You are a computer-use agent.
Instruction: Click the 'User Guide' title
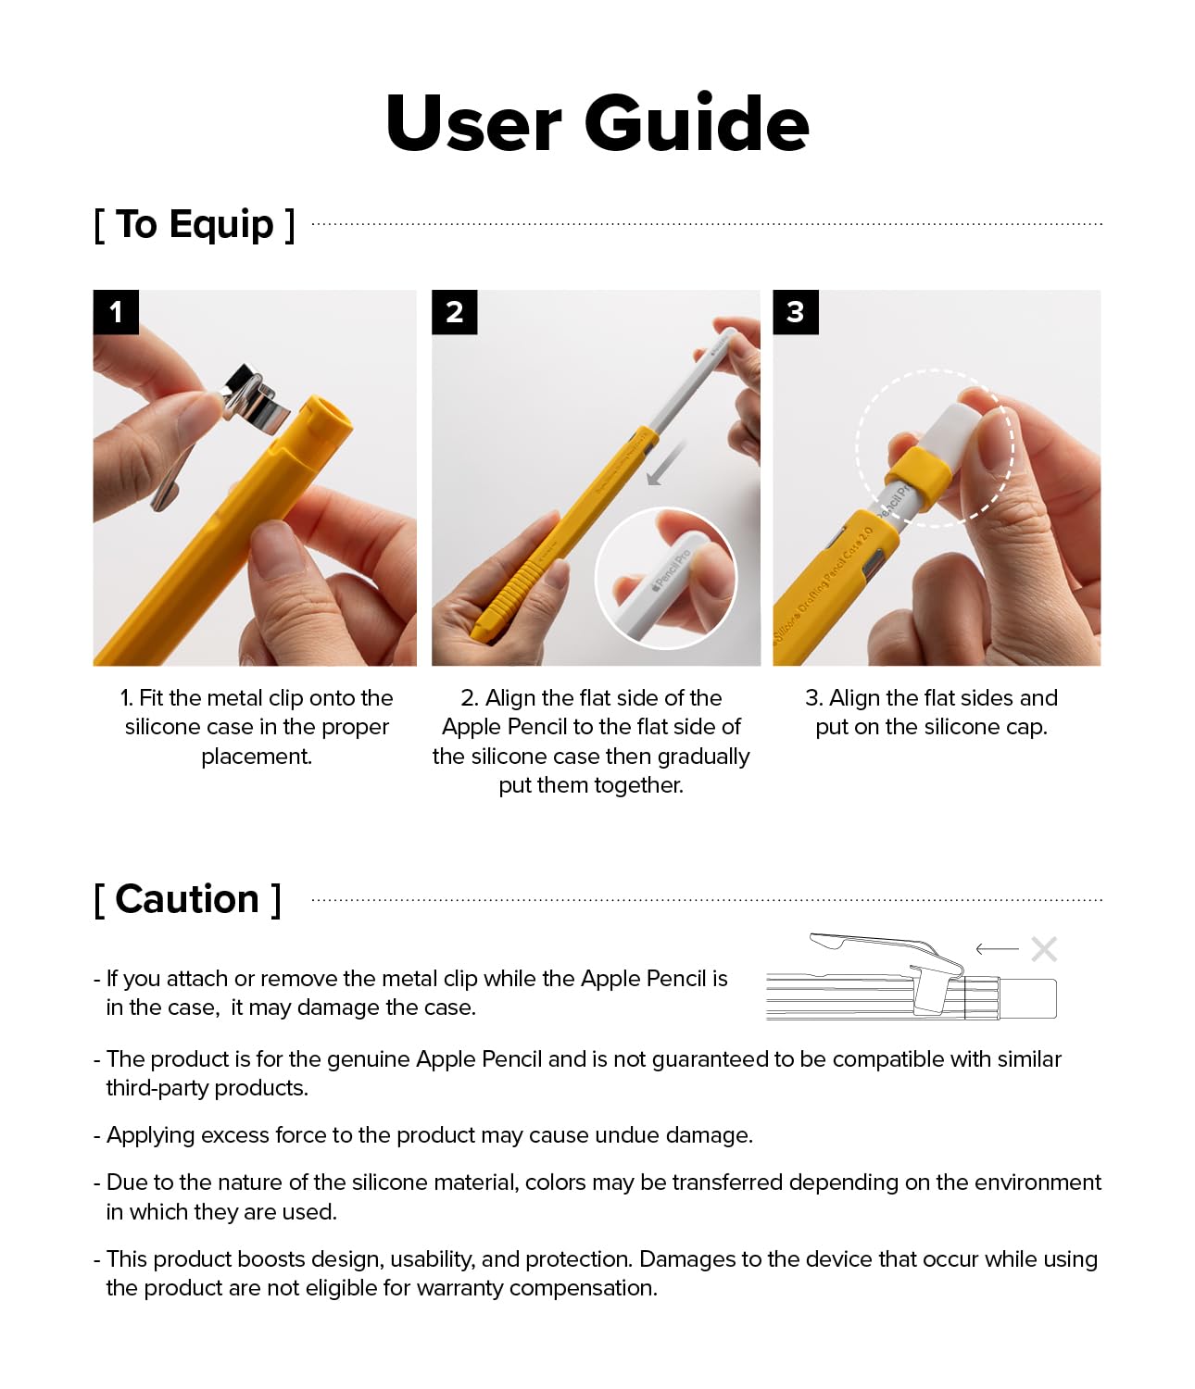point(597,123)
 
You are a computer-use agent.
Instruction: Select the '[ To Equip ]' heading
point(195,224)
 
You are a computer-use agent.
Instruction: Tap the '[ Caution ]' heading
point(187,899)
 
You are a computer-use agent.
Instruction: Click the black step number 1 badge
point(116,312)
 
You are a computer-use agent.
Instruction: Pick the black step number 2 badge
point(454,312)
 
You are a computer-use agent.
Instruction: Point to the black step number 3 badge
point(795,312)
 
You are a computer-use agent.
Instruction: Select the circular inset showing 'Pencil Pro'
point(665,578)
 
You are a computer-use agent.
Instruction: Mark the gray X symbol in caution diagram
point(1044,949)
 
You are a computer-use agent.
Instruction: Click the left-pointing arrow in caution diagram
point(997,949)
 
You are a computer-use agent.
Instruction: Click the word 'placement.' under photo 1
point(257,757)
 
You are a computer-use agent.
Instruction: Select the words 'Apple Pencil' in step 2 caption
point(505,727)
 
